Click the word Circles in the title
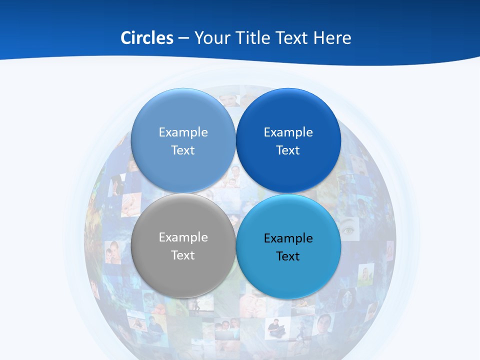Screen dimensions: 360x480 tap(146, 37)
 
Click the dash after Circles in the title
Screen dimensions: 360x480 tap(183, 37)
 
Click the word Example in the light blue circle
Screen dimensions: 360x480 tap(183, 132)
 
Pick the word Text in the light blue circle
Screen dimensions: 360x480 tap(183, 150)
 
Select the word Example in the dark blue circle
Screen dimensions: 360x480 tap(288, 132)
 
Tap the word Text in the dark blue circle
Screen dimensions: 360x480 tap(288, 150)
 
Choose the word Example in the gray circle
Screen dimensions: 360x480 tap(183, 237)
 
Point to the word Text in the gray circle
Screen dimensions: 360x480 tap(183, 255)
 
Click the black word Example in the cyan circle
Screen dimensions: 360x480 tap(288, 238)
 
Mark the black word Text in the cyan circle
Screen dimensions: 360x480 tap(288, 256)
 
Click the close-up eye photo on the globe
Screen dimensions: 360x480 tap(348, 230)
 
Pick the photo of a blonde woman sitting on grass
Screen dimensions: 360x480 tap(365, 274)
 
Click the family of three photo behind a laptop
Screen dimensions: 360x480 tap(227, 330)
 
